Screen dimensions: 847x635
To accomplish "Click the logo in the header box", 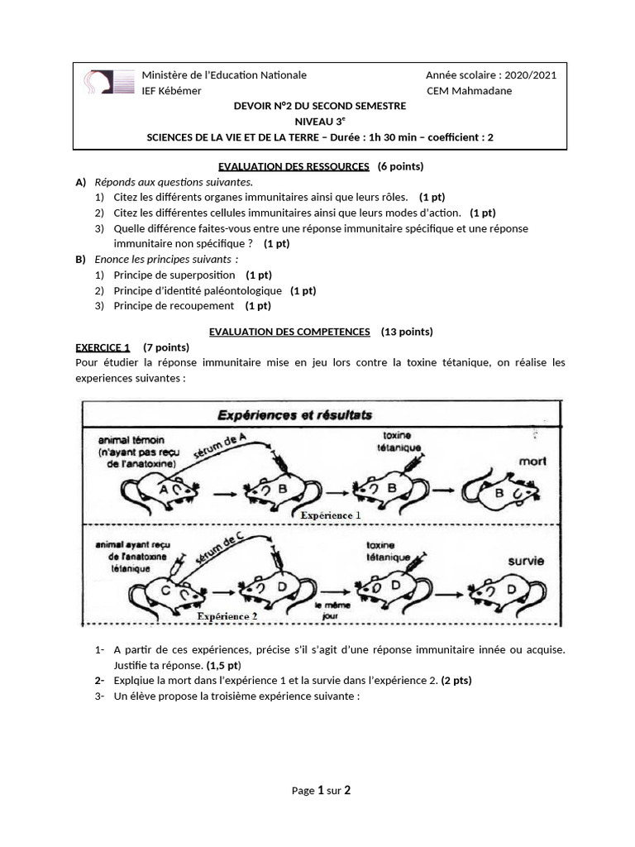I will coord(108,82).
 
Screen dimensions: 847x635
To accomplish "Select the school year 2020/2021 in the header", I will coord(491,75).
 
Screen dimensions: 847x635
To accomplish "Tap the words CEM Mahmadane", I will coord(469,91).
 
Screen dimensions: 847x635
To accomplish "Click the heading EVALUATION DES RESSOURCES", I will coord(293,166).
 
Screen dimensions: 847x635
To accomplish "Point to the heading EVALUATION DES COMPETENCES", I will coord(289,332).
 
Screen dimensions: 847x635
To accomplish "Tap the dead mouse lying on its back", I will coord(501,493).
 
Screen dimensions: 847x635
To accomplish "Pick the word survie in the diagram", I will coord(525,561).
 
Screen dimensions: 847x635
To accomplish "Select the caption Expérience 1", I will coord(330,514).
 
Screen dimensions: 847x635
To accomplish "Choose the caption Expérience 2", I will coord(227,616).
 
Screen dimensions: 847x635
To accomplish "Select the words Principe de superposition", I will coord(174,275).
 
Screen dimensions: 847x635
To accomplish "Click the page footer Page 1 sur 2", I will coord(321,791).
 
